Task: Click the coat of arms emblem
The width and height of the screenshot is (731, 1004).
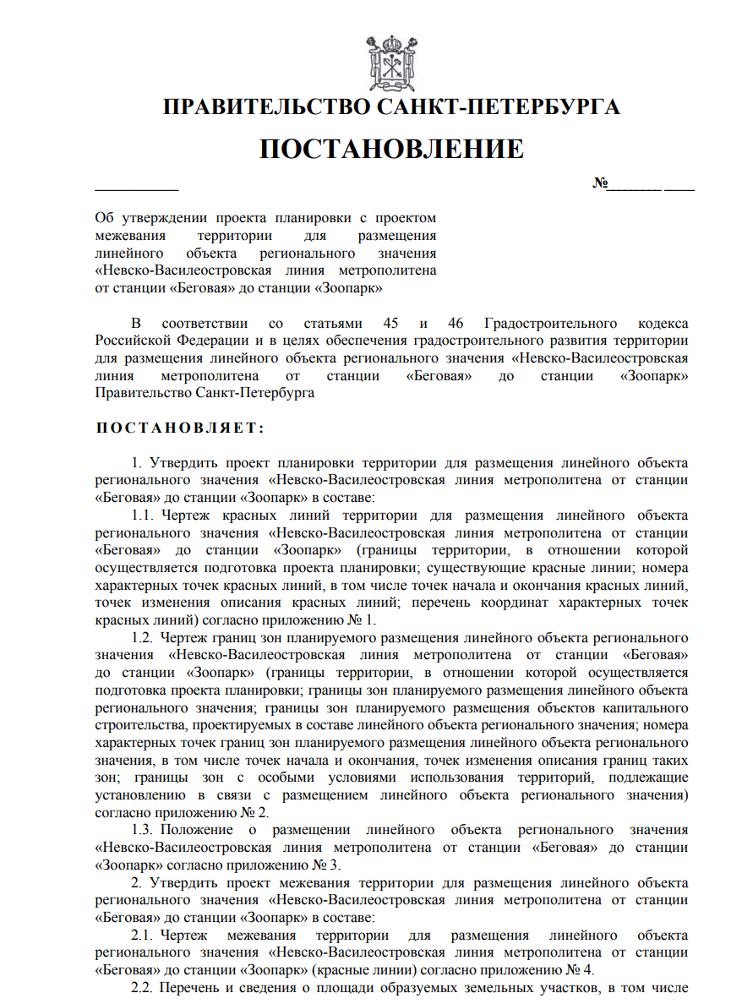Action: [391, 60]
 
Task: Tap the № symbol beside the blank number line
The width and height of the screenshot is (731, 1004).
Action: [601, 183]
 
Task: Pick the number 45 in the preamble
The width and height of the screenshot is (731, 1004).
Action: [390, 323]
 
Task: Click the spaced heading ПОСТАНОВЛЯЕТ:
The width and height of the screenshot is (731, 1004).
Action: [180, 428]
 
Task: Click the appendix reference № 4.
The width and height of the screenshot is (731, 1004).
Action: [584, 969]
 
